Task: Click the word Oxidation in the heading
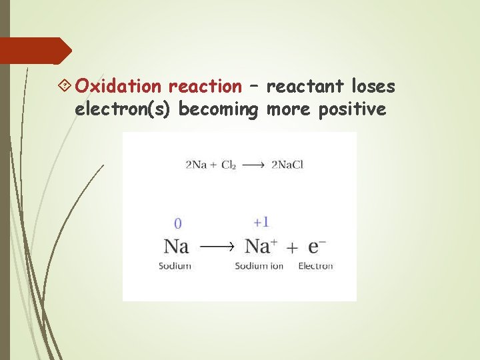(118, 87)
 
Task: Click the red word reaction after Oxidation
(205, 87)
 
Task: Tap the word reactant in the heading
(305, 87)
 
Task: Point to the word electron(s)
(125, 109)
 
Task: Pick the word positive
(353, 109)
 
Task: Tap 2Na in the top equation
(195, 165)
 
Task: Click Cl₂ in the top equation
(228, 165)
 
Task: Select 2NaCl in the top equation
(287, 165)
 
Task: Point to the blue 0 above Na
(177, 223)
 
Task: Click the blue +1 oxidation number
(261, 222)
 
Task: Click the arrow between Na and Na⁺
(217, 247)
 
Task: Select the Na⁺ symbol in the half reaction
(261, 246)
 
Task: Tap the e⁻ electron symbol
(317, 246)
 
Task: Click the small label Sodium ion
(259, 266)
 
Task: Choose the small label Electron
(315, 266)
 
